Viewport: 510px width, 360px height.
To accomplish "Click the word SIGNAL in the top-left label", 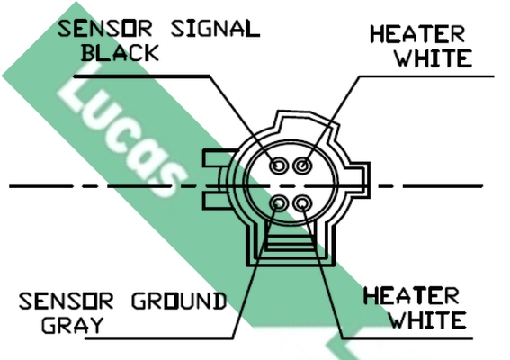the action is click(x=215, y=28).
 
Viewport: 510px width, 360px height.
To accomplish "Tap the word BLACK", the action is click(x=120, y=53).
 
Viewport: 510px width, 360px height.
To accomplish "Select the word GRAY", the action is click(x=72, y=325).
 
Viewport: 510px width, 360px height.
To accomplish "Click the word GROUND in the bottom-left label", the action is click(x=179, y=301).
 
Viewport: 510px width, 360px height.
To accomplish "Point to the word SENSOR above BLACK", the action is click(x=105, y=28).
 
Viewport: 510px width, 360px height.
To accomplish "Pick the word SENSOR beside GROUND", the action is click(x=67, y=301).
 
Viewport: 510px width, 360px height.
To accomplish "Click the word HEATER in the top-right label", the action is click(x=417, y=34).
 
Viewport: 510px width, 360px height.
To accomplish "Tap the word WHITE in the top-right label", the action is click(x=434, y=58).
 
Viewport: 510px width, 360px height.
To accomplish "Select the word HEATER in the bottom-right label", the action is click(x=411, y=295).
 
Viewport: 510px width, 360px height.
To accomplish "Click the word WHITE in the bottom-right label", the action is click(x=428, y=320).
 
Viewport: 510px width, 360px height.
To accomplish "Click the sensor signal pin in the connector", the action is click(x=279, y=166).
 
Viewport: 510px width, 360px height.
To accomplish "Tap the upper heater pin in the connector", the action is click(x=302, y=166).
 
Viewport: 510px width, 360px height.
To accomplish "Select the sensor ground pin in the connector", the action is click(x=279, y=203).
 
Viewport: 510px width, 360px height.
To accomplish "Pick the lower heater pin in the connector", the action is click(x=302, y=203).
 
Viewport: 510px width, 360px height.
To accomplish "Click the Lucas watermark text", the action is click(x=122, y=130).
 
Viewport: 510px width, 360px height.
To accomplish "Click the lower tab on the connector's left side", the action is click(x=216, y=201).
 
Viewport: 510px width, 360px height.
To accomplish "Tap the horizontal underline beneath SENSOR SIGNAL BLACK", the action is click(x=142, y=76).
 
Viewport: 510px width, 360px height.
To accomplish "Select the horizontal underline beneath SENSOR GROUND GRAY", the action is click(x=159, y=338).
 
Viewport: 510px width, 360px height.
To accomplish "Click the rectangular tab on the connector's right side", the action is click(x=365, y=180).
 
